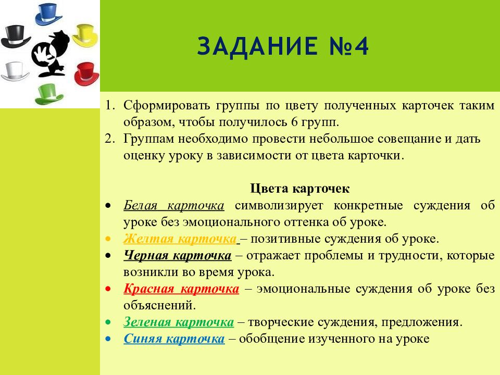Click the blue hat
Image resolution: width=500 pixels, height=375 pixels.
click(x=49, y=14)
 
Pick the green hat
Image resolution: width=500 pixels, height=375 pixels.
click(x=50, y=94)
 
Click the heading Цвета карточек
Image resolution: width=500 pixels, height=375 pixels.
click(x=300, y=188)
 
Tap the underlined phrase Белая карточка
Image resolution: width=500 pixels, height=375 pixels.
click(x=174, y=205)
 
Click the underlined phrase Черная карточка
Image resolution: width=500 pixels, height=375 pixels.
click(x=177, y=256)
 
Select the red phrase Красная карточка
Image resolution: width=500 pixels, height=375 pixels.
click(x=181, y=289)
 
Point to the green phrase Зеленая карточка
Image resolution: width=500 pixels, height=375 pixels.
click(x=179, y=322)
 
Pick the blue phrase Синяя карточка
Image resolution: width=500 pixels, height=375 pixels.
click(x=174, y=339)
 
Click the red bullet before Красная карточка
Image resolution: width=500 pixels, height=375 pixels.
click(x=107, y=289)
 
